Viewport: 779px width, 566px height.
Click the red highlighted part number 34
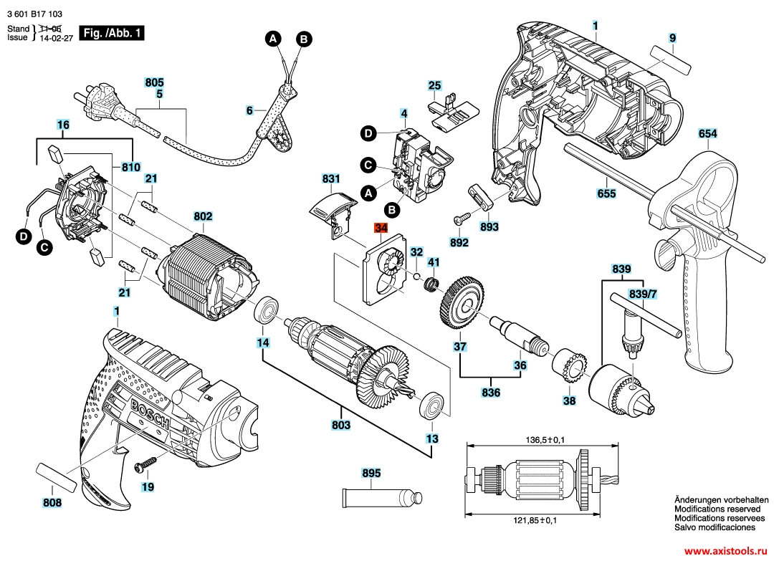point(381,229)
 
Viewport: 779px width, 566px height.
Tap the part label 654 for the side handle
point(707,134)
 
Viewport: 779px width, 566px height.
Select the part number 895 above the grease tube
point(372,473)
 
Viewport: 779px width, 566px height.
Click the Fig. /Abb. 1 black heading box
point(113,33)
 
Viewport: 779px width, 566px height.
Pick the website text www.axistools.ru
point(725,552)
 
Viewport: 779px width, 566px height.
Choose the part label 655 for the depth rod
point(606,193)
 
